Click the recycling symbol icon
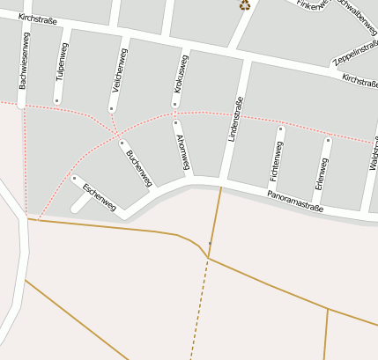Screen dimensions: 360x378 pos(245,4)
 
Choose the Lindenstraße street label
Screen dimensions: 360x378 pos(237,119)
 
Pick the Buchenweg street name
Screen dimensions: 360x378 pos(139,168)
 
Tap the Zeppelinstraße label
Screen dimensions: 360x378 pos(356,54)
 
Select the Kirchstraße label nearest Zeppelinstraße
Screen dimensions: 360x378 pos(359,82)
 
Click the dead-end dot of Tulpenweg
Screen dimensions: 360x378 pos(56,100)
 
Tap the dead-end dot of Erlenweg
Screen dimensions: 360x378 pos(328,140)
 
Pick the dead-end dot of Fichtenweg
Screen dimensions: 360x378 pos(281,129)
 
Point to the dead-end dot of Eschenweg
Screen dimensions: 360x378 pos(74,178)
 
